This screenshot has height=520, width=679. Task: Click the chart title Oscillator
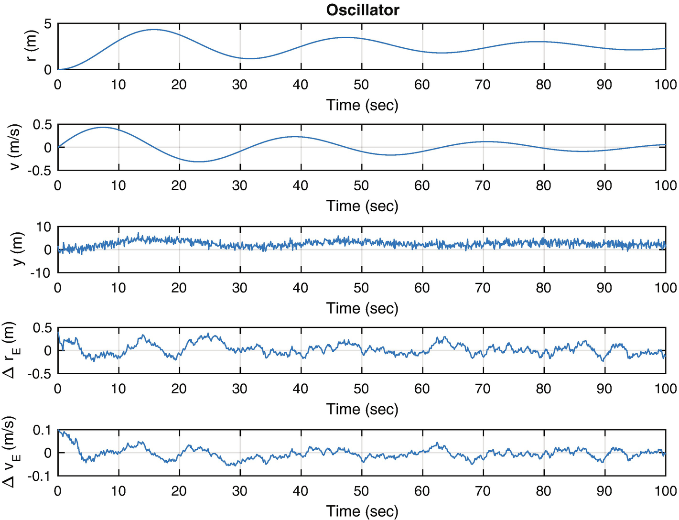point(362,10)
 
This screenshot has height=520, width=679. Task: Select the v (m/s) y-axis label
point(15,147)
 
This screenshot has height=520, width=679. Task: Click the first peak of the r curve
point(153,30)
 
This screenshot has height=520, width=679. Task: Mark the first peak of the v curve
point(103,127)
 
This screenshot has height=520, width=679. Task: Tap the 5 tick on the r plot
point(48,23)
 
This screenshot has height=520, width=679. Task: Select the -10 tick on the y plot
point(41,273)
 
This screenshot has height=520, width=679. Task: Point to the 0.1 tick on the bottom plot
point(42,430)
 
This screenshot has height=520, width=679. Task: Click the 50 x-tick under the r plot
point(361,85)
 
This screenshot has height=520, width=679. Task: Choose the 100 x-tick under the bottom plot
point(665,491)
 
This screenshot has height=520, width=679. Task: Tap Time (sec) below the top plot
point(362,105)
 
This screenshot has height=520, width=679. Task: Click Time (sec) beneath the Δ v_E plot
point(362,511)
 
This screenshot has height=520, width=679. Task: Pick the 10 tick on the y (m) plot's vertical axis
point(43,227)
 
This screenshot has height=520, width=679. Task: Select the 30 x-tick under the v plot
point(240,185)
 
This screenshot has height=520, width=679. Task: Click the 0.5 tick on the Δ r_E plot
point(42,328)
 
